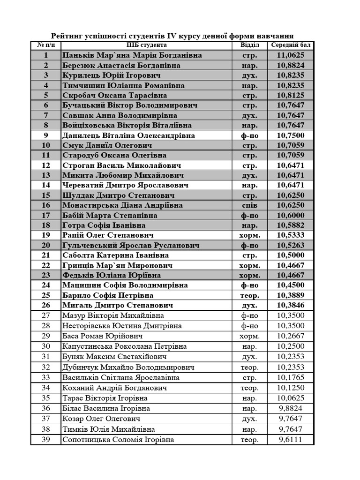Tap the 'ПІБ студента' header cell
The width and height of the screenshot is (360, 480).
click(x=146, y=45)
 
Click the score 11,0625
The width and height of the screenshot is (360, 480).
click(x=291, y=55)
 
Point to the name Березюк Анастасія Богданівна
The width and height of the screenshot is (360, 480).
click(x=121, y=66)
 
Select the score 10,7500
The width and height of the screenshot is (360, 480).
click(x=291, y=135)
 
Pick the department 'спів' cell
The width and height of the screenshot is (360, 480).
click(x=249, y=205)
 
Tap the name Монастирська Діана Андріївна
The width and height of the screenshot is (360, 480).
click(x=123, y=205)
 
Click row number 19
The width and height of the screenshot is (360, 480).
click(x=46, y=235)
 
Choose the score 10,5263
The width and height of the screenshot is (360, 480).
click(x=291, y=245)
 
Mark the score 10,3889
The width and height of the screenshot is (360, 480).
click(x=291, y=295)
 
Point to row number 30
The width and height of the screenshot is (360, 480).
click(x=46, y=346)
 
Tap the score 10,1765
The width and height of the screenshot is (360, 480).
click(x=291, y=377)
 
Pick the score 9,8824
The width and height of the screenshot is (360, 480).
click(x=291, y=408)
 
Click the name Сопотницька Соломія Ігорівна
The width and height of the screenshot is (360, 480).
click(x=118, y=440)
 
